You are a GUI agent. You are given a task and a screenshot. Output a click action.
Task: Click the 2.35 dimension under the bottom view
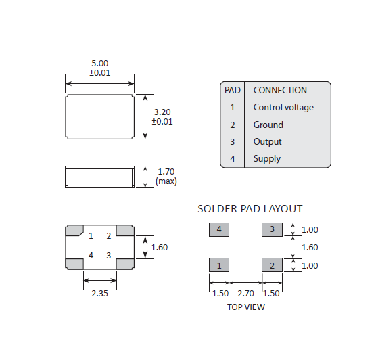(x=99, y=294)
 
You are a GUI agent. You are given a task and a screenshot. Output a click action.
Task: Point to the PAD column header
(x=232, y=90)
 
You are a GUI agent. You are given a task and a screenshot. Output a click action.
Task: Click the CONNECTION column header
(x=280, y=90)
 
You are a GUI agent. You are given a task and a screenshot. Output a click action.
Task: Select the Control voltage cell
(x=283, y=107)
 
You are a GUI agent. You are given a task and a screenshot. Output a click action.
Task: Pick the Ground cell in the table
(x=268, y=125)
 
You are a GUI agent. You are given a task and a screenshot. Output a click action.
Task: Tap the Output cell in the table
(x=268, y=141)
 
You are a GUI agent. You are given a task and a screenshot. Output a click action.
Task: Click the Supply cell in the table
(x=267, y=159)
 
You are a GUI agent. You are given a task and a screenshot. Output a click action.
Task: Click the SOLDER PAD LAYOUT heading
(x=250, y=209)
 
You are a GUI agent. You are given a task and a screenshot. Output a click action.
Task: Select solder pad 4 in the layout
(x=219, y=230)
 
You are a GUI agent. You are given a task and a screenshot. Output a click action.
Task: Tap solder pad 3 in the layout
(x=272, y=230)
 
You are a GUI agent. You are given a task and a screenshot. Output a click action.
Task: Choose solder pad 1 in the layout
(x=219, y=265)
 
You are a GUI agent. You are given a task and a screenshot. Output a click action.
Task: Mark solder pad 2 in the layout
(x=272, y=265)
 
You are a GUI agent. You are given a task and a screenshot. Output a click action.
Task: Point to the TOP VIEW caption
(x=245, y=307)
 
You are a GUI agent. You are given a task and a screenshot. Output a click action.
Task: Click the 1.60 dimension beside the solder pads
(x=309, y=248)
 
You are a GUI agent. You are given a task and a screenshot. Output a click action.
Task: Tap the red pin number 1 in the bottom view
(x=91, y=236)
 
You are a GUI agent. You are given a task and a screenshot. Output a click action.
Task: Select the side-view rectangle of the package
(x=99, y=177)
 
